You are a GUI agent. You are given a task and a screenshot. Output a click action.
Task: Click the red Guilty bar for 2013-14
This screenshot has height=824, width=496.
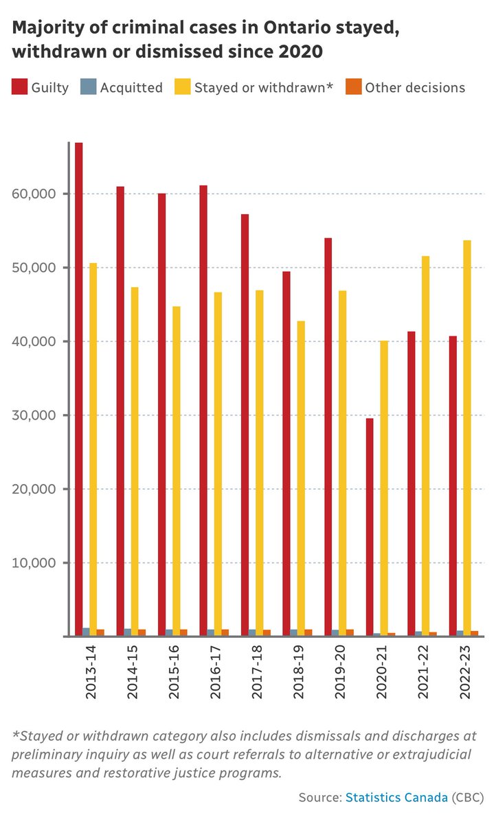coord(79,389)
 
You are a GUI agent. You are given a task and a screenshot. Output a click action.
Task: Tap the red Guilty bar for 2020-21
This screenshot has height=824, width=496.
coord(370,527)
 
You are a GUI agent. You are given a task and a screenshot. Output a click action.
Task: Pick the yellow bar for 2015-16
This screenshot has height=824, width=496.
coord(177,471)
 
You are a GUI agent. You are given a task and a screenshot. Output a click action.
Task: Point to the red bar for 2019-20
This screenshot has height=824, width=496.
coord(328,437)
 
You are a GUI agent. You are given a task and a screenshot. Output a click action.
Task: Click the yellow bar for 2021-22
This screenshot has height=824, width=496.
coord(425,446)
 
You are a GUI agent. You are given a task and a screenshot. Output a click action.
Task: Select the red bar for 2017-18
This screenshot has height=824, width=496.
coord(245,425)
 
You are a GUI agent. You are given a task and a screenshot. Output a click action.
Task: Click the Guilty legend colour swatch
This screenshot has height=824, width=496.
coord(19,87)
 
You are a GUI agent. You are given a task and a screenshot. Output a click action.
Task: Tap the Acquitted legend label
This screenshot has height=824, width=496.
coord(131,87)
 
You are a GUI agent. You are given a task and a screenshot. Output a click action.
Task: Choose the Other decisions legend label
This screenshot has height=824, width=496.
coord(415,87)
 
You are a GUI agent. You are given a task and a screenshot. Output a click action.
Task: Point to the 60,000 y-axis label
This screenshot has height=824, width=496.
coord(32,194)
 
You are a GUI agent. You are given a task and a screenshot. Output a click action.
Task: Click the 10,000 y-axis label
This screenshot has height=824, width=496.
coord(32,563)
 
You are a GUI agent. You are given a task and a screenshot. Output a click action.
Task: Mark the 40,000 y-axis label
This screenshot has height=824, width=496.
coord(32,341)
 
